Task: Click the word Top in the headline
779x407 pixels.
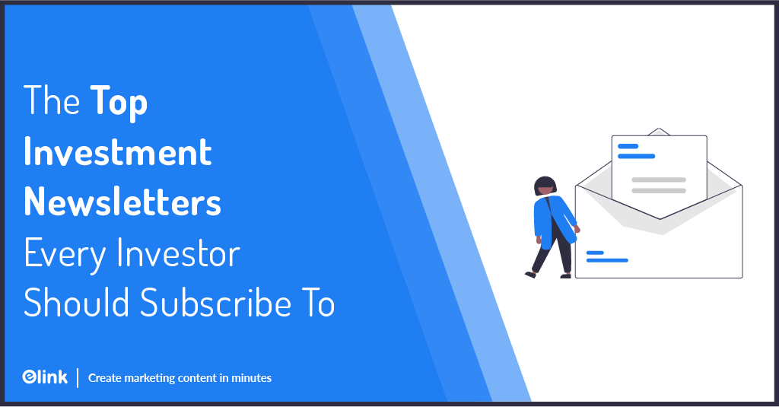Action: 119,103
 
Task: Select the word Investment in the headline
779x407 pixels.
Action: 118,152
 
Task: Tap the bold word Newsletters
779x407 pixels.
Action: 122,202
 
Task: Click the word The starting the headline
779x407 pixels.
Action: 52,103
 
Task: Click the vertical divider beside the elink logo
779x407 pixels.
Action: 78,377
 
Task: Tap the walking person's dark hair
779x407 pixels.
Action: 545,185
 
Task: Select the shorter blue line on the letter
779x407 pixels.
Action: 628,146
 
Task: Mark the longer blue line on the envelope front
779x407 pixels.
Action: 607,260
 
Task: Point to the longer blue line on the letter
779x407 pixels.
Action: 636,156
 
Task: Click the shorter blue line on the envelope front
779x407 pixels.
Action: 595,253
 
